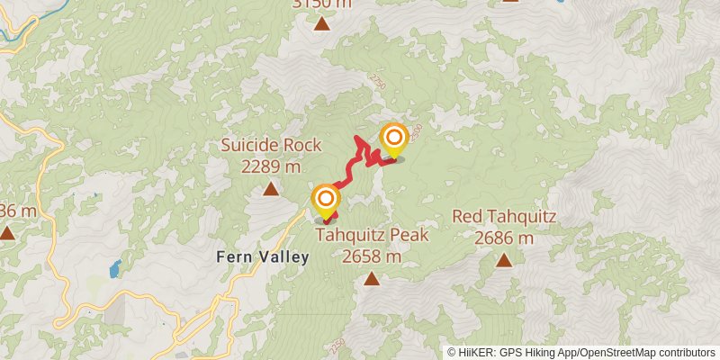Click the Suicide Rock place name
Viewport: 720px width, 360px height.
[x=271, y=146]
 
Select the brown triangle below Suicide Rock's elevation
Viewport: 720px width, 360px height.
[x=271, y=189]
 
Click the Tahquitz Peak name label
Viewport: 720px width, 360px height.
[x=371, y=235]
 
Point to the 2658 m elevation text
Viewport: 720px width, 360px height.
[x=371, y=256]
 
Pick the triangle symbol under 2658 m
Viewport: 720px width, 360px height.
[x=371, y=279]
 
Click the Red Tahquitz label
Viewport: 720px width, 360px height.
[x=504, y=217]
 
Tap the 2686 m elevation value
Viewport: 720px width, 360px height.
[x=504, y=238]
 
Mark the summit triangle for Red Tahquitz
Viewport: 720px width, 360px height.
[x=504, y=261]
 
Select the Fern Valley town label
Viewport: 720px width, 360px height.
[x=263, y=256]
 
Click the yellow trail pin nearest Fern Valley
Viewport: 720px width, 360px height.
[x=326, y=199]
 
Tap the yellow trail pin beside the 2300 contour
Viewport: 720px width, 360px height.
[x=393, y=138]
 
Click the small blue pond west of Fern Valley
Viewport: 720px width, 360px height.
[x=115, y=268]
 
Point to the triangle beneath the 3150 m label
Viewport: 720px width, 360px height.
[x=322, y=24]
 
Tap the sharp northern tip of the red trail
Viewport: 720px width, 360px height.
[x=358, y=138]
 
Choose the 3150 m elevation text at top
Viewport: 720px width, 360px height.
[x=322, y=4]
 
